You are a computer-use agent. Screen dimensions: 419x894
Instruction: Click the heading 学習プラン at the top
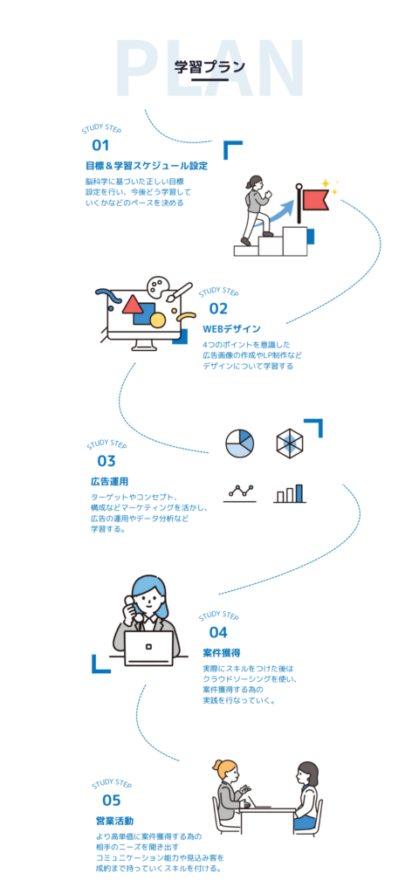click(209, 66)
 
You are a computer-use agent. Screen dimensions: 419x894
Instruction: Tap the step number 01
click(100, 146)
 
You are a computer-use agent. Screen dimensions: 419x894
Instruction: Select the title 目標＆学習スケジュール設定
click(146, 166)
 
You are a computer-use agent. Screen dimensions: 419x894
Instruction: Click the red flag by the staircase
click(316, 198)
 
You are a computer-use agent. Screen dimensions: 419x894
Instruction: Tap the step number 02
click(218, 309)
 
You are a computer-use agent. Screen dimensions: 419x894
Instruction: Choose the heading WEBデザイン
click(231, 329)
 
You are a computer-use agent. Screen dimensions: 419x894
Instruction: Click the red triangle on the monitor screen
click(133, 304)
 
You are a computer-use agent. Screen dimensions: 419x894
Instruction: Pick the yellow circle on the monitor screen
click(157, 320)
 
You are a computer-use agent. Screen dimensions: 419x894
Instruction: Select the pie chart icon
click(239, 444)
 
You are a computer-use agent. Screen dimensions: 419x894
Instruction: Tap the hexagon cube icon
click(290, 443)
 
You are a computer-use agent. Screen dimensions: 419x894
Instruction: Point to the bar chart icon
click(290, 494)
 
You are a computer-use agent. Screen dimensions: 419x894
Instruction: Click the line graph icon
click(241, 494)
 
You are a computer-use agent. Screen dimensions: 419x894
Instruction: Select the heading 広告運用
click(106, 481)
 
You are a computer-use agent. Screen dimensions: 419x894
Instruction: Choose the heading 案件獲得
click(218, 652)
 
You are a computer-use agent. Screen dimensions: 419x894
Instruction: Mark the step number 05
click(112, 801)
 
